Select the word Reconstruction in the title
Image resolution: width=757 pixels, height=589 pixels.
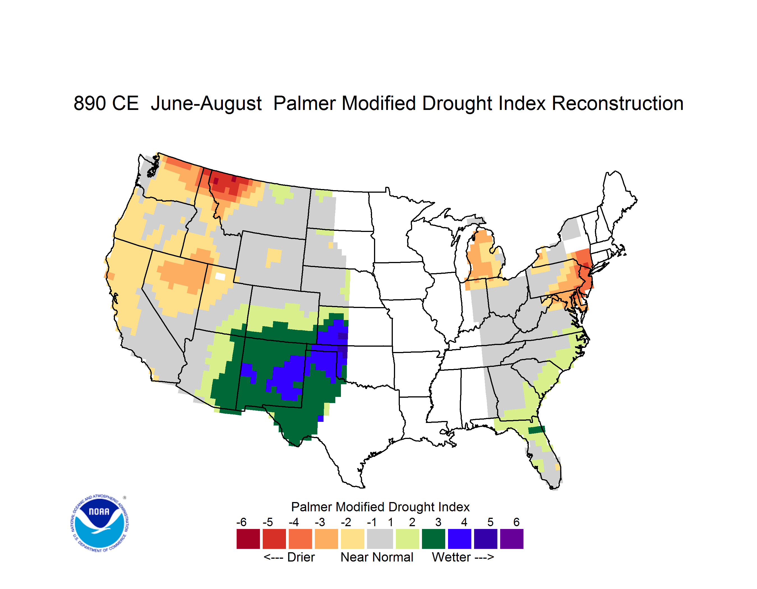tap(617, 103)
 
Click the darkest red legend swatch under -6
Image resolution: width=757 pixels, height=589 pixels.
tap(248, 539)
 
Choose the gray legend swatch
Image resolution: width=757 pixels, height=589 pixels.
tap(380, 539)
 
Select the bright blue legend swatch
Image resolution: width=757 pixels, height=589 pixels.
tap(460, 539)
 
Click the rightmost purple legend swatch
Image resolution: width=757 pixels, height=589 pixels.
tap(512, 539)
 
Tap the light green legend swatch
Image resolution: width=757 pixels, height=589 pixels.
tap(408, 539)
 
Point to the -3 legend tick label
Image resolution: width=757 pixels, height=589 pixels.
tap(320, 522)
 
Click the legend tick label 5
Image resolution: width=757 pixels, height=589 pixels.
tap(490, 522)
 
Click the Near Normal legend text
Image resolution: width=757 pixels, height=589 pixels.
tap(377, 557)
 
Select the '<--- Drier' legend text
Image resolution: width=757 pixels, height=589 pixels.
tap(289, 557)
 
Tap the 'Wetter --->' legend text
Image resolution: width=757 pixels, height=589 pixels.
tap(463, 557)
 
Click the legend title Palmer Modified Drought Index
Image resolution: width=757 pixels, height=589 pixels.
tap(380, 507)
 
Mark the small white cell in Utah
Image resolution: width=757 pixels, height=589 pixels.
tap(220, 276)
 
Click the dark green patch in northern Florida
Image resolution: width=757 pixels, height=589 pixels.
tap(536, 430)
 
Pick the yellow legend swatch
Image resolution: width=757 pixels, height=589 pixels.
tap(352, 539)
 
